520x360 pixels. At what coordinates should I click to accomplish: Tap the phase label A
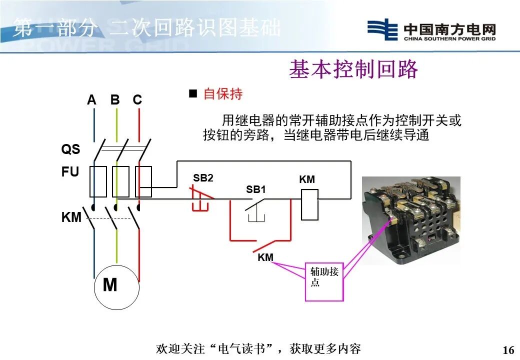tap(91, 100)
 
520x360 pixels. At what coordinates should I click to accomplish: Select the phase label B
tap(115, 100)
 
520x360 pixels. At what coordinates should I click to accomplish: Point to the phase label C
tap(137, 100)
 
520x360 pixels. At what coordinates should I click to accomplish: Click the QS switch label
tap(70, 149)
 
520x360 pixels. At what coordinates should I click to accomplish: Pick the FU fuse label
tap(70, 172)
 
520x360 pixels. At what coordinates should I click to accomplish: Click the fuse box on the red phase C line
tap(143, 181)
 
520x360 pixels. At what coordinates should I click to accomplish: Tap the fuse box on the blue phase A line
tap(97, 181)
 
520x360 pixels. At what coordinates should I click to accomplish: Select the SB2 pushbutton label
tap(203, 178)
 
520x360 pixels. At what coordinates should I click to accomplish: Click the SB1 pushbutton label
tap(256, 190)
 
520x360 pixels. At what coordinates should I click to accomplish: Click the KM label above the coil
tap(307, 179)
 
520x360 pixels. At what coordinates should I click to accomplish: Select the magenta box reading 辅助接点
tap(324, 282)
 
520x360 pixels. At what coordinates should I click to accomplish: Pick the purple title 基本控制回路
tap(353, 70)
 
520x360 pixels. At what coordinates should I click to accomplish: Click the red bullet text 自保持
tap(222, 94)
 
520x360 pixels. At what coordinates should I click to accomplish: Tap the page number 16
tap(508, 349)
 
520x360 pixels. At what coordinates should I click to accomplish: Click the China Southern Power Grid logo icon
tap(382, 29)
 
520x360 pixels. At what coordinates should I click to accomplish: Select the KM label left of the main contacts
tap(71, 218)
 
